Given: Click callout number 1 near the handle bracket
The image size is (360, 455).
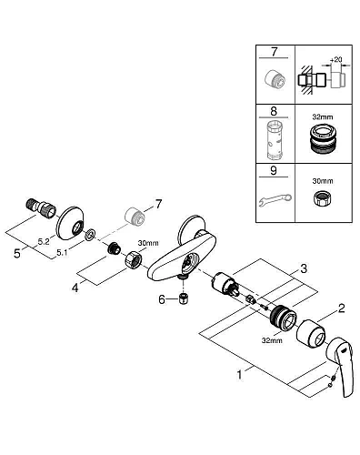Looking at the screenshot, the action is (x=240, y=375).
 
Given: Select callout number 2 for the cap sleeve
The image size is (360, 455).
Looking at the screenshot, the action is (x=342, y=308).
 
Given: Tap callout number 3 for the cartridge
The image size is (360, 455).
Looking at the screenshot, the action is (x=304, y=268).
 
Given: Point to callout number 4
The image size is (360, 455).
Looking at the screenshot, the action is (x=75, y=288).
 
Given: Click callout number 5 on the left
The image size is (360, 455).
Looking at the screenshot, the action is (x=17, y=253).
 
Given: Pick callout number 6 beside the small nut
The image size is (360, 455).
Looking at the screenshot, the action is (x=162, y=299).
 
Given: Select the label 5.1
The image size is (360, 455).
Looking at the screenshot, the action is (x=62, y=252).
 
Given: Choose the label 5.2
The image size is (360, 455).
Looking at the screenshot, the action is (x=44, y=241).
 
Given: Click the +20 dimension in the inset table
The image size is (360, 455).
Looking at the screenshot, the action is (x=335, y=59).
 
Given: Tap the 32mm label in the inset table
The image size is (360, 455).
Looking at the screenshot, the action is (x=323, y=116).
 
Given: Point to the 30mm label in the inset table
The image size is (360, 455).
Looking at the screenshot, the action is (x=323, y=181).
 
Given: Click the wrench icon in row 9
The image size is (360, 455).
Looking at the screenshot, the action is (x=275, y=200).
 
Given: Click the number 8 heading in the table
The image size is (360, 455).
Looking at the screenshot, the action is (x=274, y=111).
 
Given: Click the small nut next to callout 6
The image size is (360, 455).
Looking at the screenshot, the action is (x=183, y=299).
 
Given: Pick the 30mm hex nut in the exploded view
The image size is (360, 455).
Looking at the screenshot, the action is (x=134, y=259).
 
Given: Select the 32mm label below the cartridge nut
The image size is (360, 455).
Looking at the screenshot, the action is (x=272, y=340).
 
